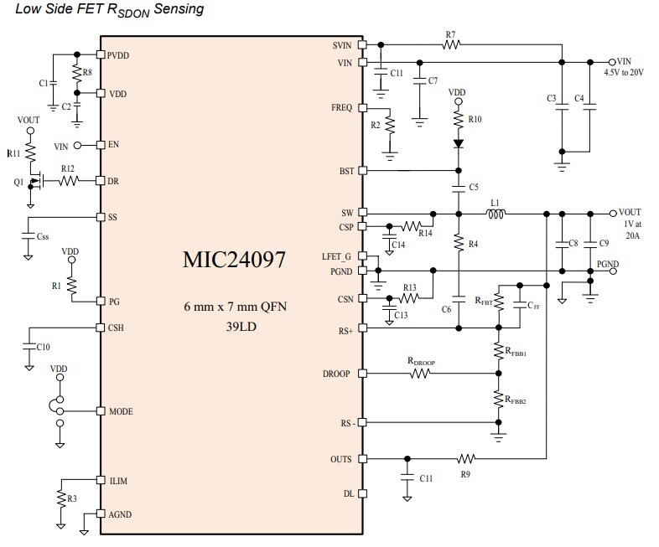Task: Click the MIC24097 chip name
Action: pyautogui.click(x=234, y=260)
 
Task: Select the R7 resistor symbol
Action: pyautogui.click(x=451, y=45)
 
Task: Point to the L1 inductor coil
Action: pyautogui.click(x=496, y=213)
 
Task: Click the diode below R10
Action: pyautogui.click(x=458, y=143)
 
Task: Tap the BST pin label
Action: pyautogui.click(x=346, y=170)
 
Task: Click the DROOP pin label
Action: pyautogui.click(x=338, y=374)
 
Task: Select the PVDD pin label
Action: pyautogui.click(x=119, y=55)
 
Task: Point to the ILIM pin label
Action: pyautogui.click(x=118, y=481)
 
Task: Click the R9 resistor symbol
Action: pyautogui.click(x=466, y=459)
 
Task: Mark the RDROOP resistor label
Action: pyautogui.click(x=421, y=362)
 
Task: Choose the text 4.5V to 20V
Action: pyautogui.click(x=624, y=73)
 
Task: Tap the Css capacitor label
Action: pyautogui.click(x=42, y=237)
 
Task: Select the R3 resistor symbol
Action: pyautogui.click(x=60, y=498)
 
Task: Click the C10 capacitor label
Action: pyautogui.click(x=43, y=346)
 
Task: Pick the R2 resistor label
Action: pyautogui.click(x=376, y=125)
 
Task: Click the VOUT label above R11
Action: pyautogui.click(x=29, y=120)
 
